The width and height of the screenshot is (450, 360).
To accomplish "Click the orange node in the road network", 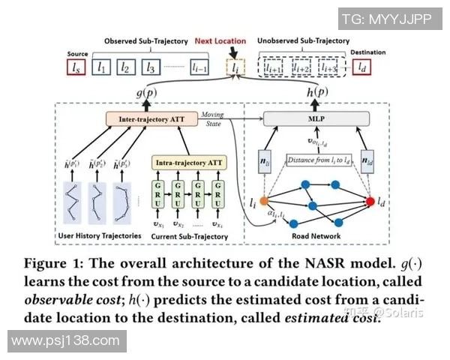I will point(265,200).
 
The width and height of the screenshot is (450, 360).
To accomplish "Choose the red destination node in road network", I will point(369,202).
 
